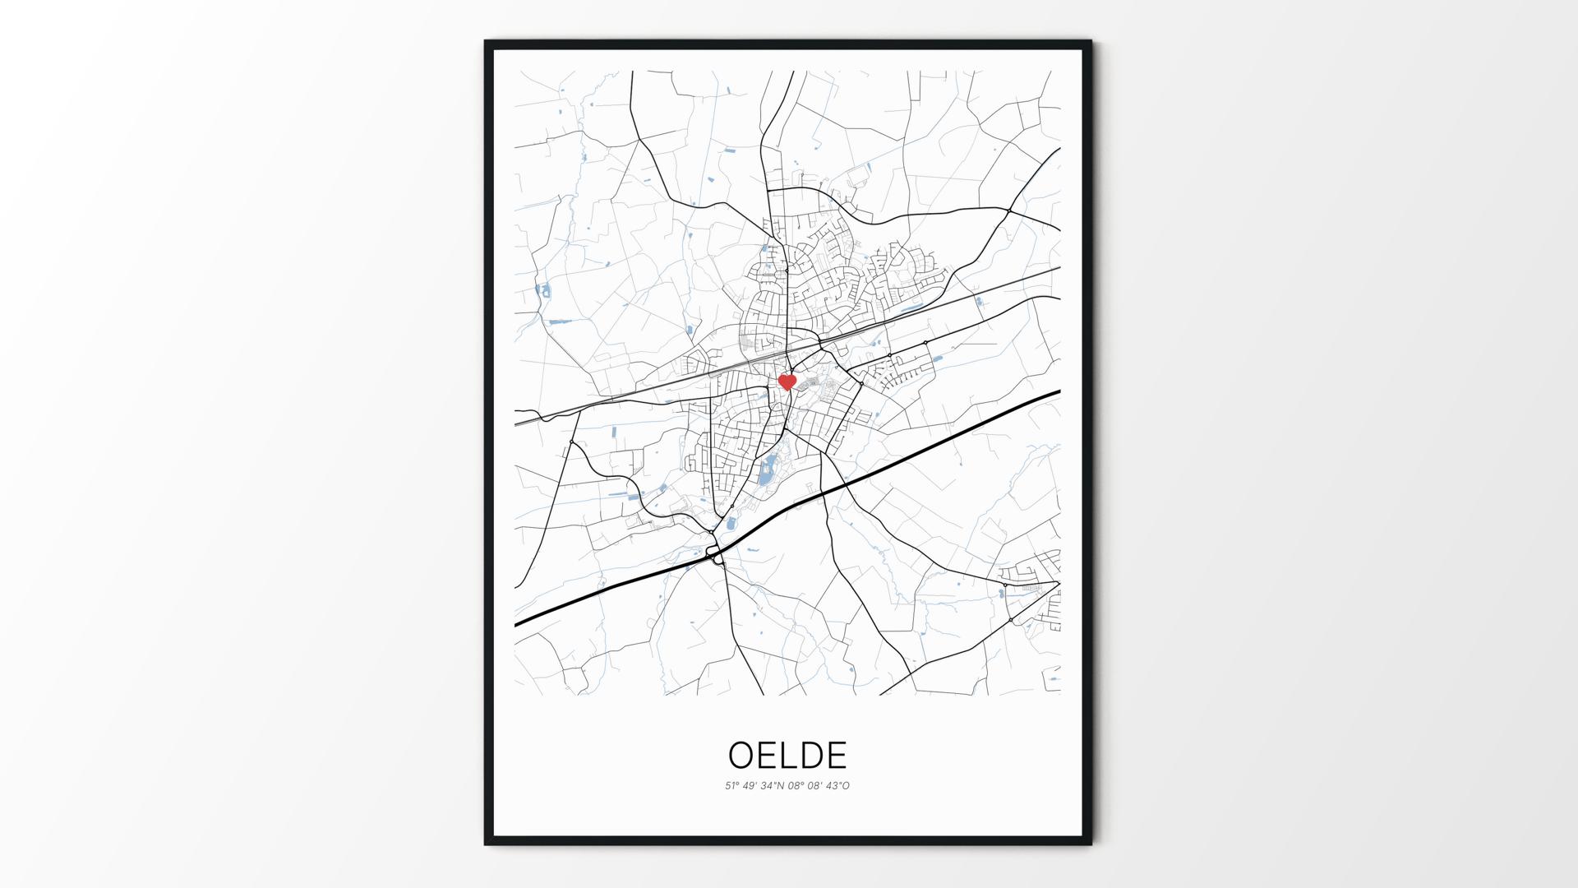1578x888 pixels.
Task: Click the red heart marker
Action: [x=787, y=382]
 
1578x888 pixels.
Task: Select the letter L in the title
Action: [x=788, y=755]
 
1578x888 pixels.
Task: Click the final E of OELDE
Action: [x=837, y=755]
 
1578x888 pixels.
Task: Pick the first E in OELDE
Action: [x=767, y=755]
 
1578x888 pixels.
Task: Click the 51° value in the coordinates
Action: [x=732, y=786]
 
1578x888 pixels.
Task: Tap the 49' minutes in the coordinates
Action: [x=751, y=786]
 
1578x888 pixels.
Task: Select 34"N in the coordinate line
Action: [x=773, y=786]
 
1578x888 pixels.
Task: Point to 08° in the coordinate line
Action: [x=796, y=786]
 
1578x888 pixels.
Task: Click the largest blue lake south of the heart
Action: [x=766, y=472]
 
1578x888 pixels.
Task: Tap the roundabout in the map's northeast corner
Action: [x=1008, y=211]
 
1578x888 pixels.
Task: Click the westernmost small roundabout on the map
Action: [x=571, y=442]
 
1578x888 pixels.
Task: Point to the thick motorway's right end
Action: [x=1059, y=392]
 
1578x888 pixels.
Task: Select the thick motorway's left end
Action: [x=516, y=625]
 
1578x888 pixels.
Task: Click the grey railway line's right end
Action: [x=1059, y=267]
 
